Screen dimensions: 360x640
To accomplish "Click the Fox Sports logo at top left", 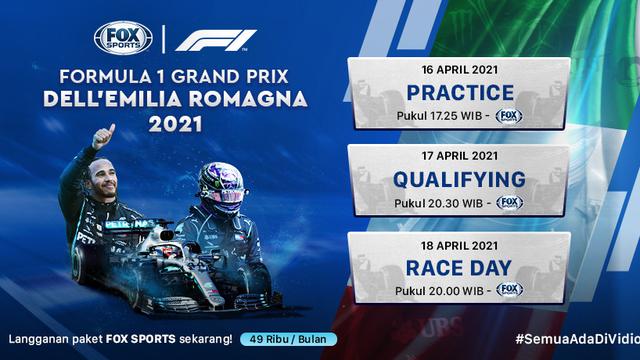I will pyautogui.click(x=119, y=39).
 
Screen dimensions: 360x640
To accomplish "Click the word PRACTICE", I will pyautogui.click(x=459, y=93).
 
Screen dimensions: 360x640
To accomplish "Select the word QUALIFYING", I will pyautogui.click(x=459, y=179).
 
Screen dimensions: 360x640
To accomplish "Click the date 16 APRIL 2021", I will pyautogui.click(x=459, y=71).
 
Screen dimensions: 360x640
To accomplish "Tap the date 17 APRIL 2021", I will pyautogui.click(x=459, y=157).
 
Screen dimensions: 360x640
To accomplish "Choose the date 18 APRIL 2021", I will pyautogui.click(x=459, y=244).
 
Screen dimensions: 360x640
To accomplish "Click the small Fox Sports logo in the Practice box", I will pyautogui.click(x=509, y=116).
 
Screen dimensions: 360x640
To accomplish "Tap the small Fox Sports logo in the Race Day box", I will pyautogui.click(x=509, y=289).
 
